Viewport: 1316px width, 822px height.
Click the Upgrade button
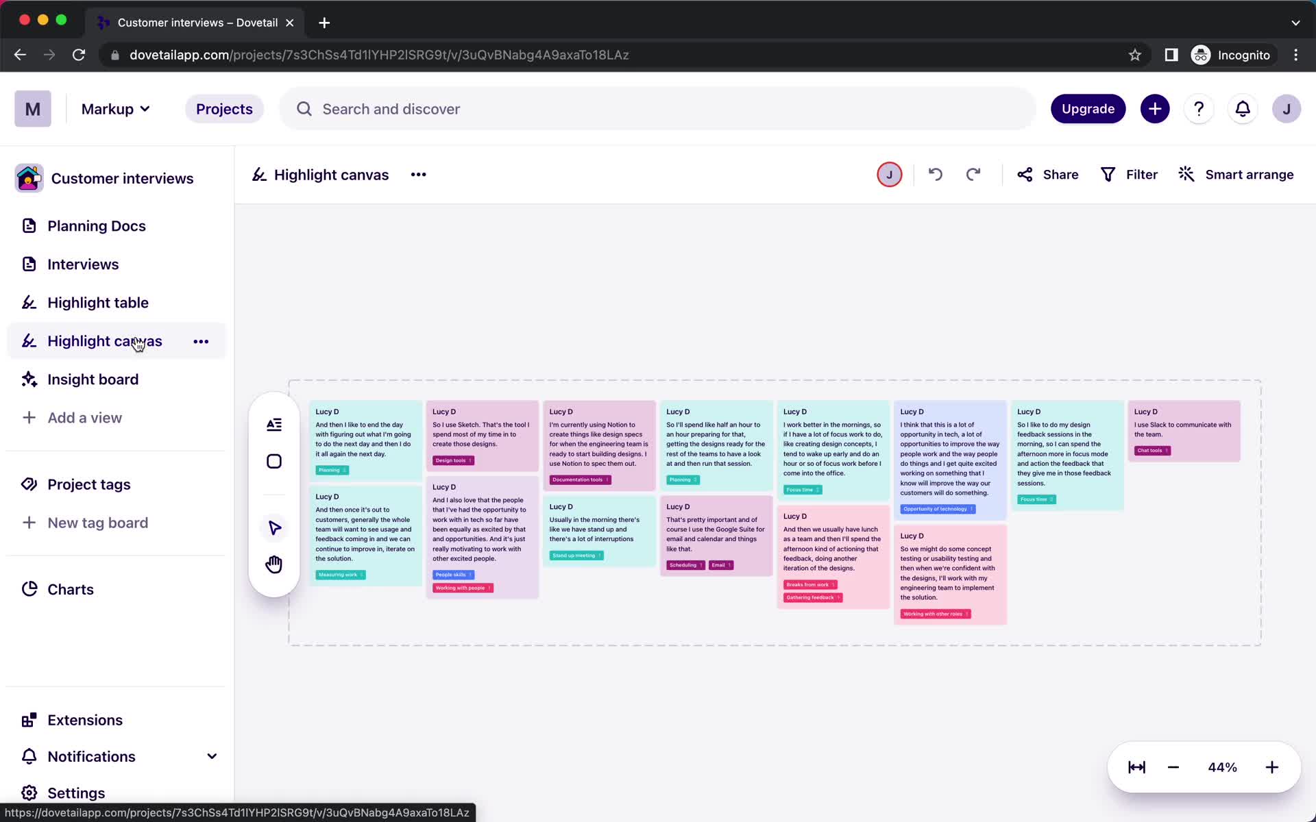tap(1088, 109)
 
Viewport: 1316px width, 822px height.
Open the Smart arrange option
tap(1236, 175)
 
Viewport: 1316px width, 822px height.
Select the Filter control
tap(1129, 175)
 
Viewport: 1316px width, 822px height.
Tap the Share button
tap(1048, 175)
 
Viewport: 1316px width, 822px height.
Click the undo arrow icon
tap(936, 175)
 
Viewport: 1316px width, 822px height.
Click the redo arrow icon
tap(973, 175)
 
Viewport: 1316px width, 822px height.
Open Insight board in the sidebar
tap(93, 379)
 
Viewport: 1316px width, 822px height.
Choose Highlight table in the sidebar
tap(97, 303)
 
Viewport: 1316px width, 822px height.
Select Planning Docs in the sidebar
tap(96, 226)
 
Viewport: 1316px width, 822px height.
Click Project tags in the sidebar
tap(88, 484)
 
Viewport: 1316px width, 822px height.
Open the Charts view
tap(70, 589)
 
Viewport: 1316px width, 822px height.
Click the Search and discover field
tap(658, 109)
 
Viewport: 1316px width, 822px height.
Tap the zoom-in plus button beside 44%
tap(1271, 767)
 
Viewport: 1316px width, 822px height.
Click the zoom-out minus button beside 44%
tap(1173, 767)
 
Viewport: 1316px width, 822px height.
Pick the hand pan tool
tap(274, 564)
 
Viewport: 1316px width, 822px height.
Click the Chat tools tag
tap(1152, 451)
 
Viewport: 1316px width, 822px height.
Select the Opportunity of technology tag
tap(937, 509)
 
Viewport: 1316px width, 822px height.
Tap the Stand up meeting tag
tap(576, 556)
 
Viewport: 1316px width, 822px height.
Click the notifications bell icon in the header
tap(1243, 109)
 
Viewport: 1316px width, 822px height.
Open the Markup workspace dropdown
tap(115, 109)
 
